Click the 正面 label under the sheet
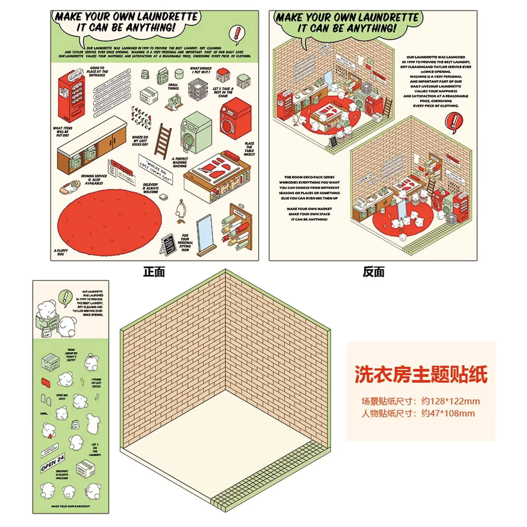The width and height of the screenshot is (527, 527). [x=154, y=272]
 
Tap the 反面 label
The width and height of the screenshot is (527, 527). [x=373, y=272]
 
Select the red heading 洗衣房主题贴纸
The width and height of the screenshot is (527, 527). [x=421, y=374]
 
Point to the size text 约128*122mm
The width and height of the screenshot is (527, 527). [x=450, y=401]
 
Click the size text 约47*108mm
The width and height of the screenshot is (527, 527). [x=448, y=413]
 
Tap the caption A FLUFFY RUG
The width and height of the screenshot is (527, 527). [x=61, y=252]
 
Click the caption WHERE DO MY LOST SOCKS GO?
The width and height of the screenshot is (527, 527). [x=140, y=141]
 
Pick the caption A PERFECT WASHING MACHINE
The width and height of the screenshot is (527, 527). [x=180, y=162]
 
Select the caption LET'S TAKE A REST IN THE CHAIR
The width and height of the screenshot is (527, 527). [x=223, y=92]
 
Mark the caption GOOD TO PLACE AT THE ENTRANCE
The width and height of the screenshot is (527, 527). [x=97, y=71]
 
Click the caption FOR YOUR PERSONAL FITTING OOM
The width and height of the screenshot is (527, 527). [x=185, y=243]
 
